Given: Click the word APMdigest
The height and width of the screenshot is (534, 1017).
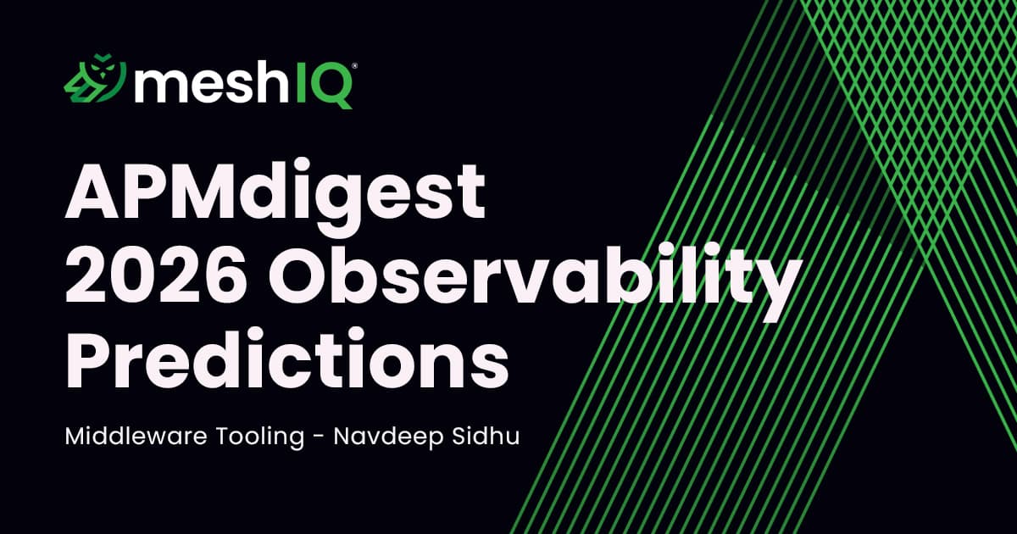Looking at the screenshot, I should point(276,197).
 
